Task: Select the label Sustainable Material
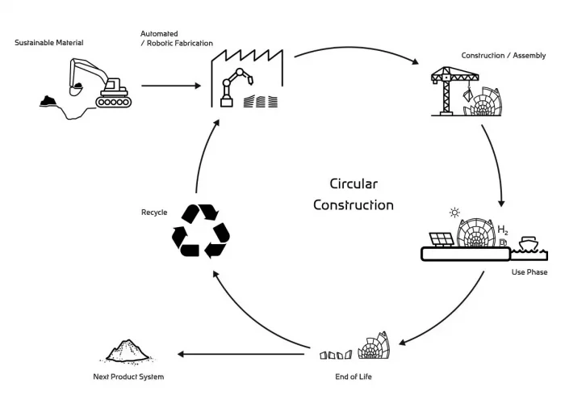click(x=48, y=42)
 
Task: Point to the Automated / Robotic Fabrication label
click(x=176, y=38)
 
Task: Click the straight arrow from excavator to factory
click(x=170, y=85)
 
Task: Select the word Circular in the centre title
click(x=354, y=183)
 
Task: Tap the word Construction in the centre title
click(x=354, y=204)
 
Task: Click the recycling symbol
click(x=201, y=230)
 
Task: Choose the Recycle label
click(x=154, y=213)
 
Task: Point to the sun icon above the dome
click(x=454, y=213)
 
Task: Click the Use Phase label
click(x=529, y=272)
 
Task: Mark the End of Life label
click(x=354, y=377)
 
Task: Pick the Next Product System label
click(x=128, y=377)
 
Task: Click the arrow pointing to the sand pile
click(x=242, y=352)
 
